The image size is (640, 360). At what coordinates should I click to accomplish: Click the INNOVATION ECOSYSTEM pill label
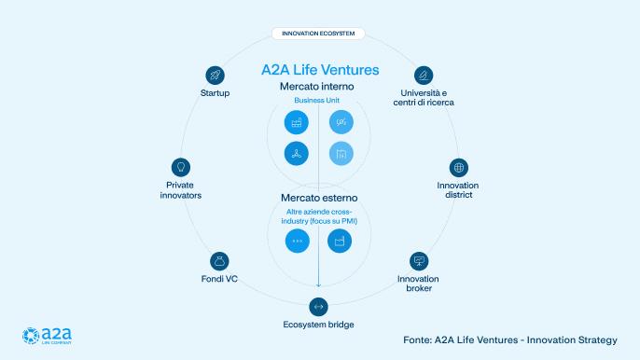pyautogui.click(x=318, y=34)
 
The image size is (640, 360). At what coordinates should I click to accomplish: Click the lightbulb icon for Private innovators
pyautogui.click(x=177, y=166)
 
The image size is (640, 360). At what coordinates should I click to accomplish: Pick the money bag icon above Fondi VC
pyautogui.click(x=218, y=260)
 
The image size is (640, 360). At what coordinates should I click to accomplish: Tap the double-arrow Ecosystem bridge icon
pyautogui.click(x=318, y=306)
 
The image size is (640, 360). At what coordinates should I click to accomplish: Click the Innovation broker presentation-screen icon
pyautogui.click(x=418, y=260)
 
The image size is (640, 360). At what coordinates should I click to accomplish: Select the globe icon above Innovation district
pyautogui.click(x=458, y=167)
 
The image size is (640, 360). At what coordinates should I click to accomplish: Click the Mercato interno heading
pyautogui.click(x=318, y=87)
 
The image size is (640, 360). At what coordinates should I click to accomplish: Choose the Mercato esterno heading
pyautogui.click(x=318, y=198)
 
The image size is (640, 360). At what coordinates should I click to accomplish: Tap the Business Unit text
pyautogui.click(x=318, y=101)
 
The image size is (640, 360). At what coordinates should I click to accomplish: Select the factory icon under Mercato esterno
pyautogui.click(x=339, y=241)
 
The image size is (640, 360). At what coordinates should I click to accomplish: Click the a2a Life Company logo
pyautogui.click(x=48, y=336)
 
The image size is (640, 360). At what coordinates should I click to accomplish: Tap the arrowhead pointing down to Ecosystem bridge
pyautogui.click(x=318, y=285)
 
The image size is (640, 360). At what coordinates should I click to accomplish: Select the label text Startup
pyautogui.click(x=215, y=93)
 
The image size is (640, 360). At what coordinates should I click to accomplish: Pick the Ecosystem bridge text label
pyautogui.click(x=318, y=325)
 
